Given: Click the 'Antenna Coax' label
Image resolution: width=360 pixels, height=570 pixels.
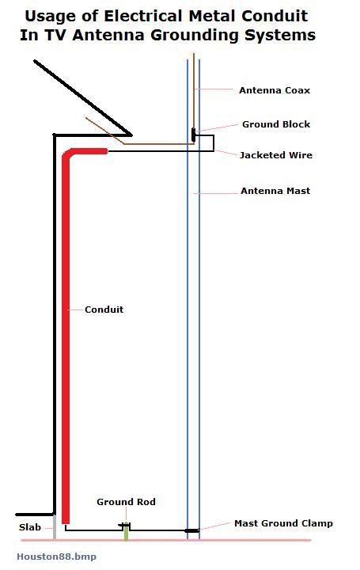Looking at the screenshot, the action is click(275, 90).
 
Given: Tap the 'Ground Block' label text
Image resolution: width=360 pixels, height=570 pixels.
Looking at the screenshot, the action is click(276, 124).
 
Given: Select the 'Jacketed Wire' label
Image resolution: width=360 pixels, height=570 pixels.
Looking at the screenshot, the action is click(275, 155).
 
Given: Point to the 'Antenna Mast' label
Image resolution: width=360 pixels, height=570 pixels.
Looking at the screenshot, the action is click(275, 191).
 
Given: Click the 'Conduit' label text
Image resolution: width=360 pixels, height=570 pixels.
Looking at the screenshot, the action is click(104, 310).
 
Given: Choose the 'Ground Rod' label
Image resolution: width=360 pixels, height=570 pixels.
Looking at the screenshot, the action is click(126, 502).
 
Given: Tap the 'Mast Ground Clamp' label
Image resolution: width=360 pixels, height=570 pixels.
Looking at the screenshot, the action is click(283, 523).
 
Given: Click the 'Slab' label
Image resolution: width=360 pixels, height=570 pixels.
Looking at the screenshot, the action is click(30, 527).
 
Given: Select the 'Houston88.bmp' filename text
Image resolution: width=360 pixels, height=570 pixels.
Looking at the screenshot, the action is click(56, 557).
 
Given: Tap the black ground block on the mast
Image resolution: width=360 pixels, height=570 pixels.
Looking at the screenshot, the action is click(193, 135).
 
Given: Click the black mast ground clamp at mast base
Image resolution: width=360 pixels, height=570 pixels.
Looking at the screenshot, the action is click(191, 530).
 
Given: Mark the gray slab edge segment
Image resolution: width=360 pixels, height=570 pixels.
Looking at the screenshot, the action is click(55, 527).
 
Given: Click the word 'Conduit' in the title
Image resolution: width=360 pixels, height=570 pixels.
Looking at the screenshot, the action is click(275, 16).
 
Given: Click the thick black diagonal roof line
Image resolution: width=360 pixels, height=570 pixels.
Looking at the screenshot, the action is click(82, 98).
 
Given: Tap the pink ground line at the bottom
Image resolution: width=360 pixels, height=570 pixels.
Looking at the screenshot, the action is click(166, 540).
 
